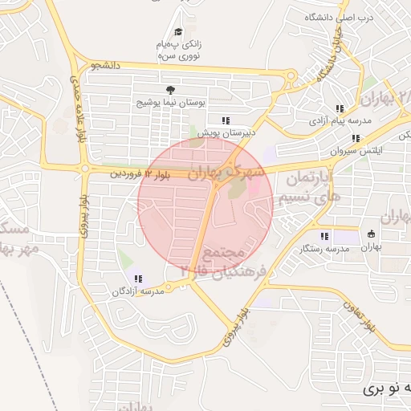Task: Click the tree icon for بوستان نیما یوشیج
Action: pos(169,90)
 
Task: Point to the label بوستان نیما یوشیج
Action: pos(169,104)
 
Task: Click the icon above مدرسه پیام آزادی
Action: pos(340,108)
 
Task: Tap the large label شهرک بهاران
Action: pos(227,171)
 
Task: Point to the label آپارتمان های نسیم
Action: pos(308,186)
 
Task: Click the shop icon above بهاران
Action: pos(370,234)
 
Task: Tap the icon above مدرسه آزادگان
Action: pos(139,279)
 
